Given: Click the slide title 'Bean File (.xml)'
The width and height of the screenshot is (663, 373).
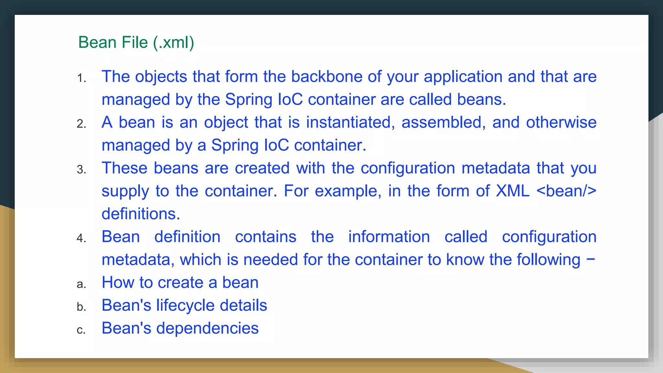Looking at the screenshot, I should (136, 42).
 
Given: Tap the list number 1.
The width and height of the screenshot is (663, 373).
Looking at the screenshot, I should (81, 78).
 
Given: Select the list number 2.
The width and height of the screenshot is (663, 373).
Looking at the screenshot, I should (81, 124).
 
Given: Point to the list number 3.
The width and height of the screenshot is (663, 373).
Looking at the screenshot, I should (81, 169).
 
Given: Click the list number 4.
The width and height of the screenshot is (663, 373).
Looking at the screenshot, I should (81, 238).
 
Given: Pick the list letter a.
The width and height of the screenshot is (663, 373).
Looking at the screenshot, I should (81, 284).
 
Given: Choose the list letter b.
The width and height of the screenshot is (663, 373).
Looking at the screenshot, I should (81, 307).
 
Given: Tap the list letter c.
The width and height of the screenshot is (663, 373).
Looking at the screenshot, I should (81, 330).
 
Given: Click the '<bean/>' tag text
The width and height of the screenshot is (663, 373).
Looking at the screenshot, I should (566, 191).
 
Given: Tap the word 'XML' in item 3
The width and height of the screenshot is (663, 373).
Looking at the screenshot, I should (513, 191).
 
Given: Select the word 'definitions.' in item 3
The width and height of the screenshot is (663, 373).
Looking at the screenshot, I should (141, 214).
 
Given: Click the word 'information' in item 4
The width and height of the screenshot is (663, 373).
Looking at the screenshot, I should (389, 237).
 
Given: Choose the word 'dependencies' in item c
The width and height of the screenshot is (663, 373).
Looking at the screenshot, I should (208, 329).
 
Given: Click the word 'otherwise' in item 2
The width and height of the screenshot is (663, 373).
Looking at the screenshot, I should (561, 123).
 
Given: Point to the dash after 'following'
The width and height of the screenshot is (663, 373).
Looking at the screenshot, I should (591, 259).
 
